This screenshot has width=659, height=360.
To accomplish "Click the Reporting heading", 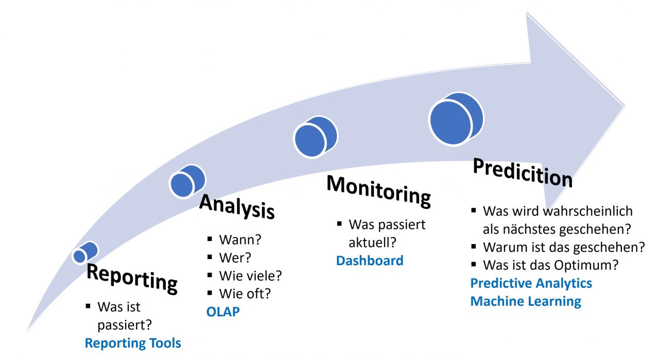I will click(x=132, y=279).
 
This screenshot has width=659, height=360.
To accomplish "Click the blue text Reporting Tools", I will click(x=133, y=343).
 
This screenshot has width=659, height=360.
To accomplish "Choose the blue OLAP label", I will click(x=223, y=312).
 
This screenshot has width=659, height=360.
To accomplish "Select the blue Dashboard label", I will click(x=369, y=261).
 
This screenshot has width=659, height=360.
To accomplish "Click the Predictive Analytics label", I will click(x=531, y=283).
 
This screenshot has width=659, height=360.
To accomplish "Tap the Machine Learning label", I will click(x=526, y=301).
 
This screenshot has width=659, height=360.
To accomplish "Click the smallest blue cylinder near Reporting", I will click(x=84, y=253).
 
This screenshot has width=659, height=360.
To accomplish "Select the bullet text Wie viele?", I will click(x=250, y=276).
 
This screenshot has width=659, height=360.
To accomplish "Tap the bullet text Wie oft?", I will click(x=245, y=294).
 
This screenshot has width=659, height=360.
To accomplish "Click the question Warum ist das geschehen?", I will click(x=564, y=247).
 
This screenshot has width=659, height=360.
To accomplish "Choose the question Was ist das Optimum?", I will click(x=550, y=265).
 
